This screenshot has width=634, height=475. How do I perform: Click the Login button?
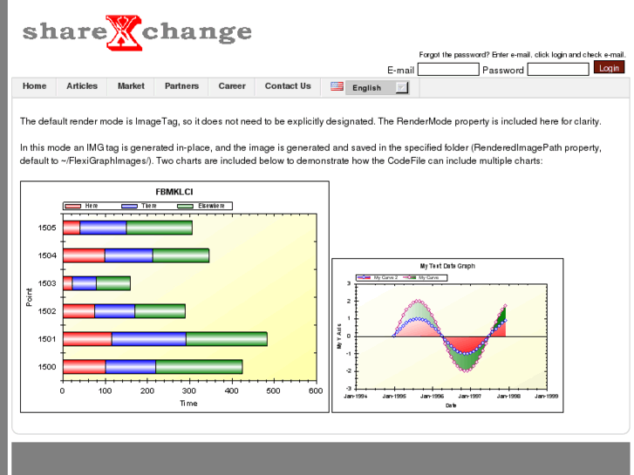(609, 68)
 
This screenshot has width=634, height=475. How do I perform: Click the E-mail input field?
(448, 70)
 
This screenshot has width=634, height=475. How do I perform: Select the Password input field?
(558, 70)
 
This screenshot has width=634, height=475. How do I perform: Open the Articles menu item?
(82, 86)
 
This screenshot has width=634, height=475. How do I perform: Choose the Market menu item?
(131, 86)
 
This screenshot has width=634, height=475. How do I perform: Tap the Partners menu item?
(181, 86)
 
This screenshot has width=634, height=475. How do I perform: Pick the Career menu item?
(232, 86)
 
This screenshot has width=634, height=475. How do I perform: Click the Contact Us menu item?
(288, 86)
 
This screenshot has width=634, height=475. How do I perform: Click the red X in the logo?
(123, 32)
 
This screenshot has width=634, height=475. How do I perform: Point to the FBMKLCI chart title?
(174, 192)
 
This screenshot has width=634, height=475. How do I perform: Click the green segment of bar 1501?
(226, 339)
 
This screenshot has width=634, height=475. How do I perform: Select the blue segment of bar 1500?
(130, 367)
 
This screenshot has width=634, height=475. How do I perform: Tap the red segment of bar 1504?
(84, 255)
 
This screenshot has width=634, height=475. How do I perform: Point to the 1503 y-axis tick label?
(47, 283)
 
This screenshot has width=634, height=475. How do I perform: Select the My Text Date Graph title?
(447, 266)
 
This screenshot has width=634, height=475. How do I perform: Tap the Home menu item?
(35, 86)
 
